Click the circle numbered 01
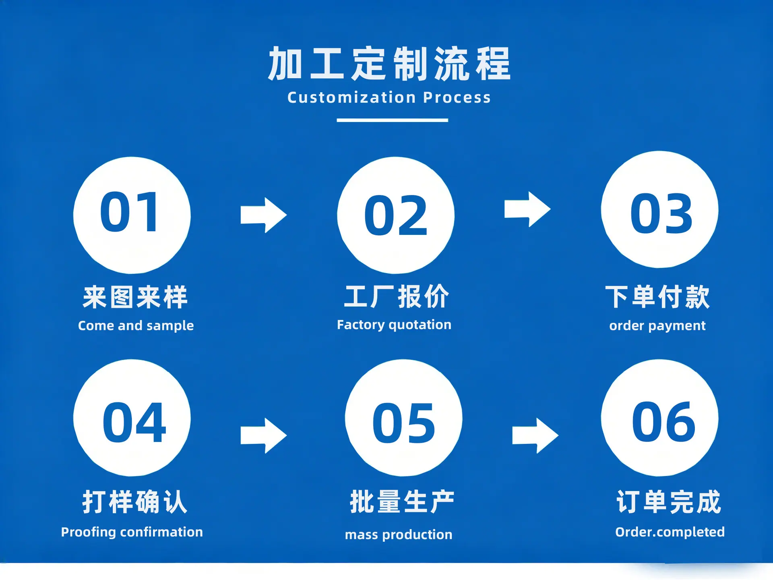[x=132, y=215]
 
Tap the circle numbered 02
[x=396, y=215]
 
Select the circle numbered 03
[x=659, y=209]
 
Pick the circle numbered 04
[x=132, y=418]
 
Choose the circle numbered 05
[x=403, y=418]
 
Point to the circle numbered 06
[x=659, y=418]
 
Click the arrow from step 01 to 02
[x=264, y=215]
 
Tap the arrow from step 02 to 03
[x=527, y=209]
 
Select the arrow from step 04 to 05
[x=264, y=435]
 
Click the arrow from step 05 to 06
[x=535, y=435]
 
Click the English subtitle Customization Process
[x=389, y=97]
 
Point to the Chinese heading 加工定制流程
[x=389, y=64]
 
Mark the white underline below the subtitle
[x=393, y=120]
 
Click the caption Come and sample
[x=136, y=325]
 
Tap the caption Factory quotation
[x=394, y=325]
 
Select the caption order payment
[x=657, y=325]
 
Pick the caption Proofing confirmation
[x=132, y=532]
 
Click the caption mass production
[x=399, y=534]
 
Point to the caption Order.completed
[x=670, y=532]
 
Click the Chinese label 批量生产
[x=402, y=502]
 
